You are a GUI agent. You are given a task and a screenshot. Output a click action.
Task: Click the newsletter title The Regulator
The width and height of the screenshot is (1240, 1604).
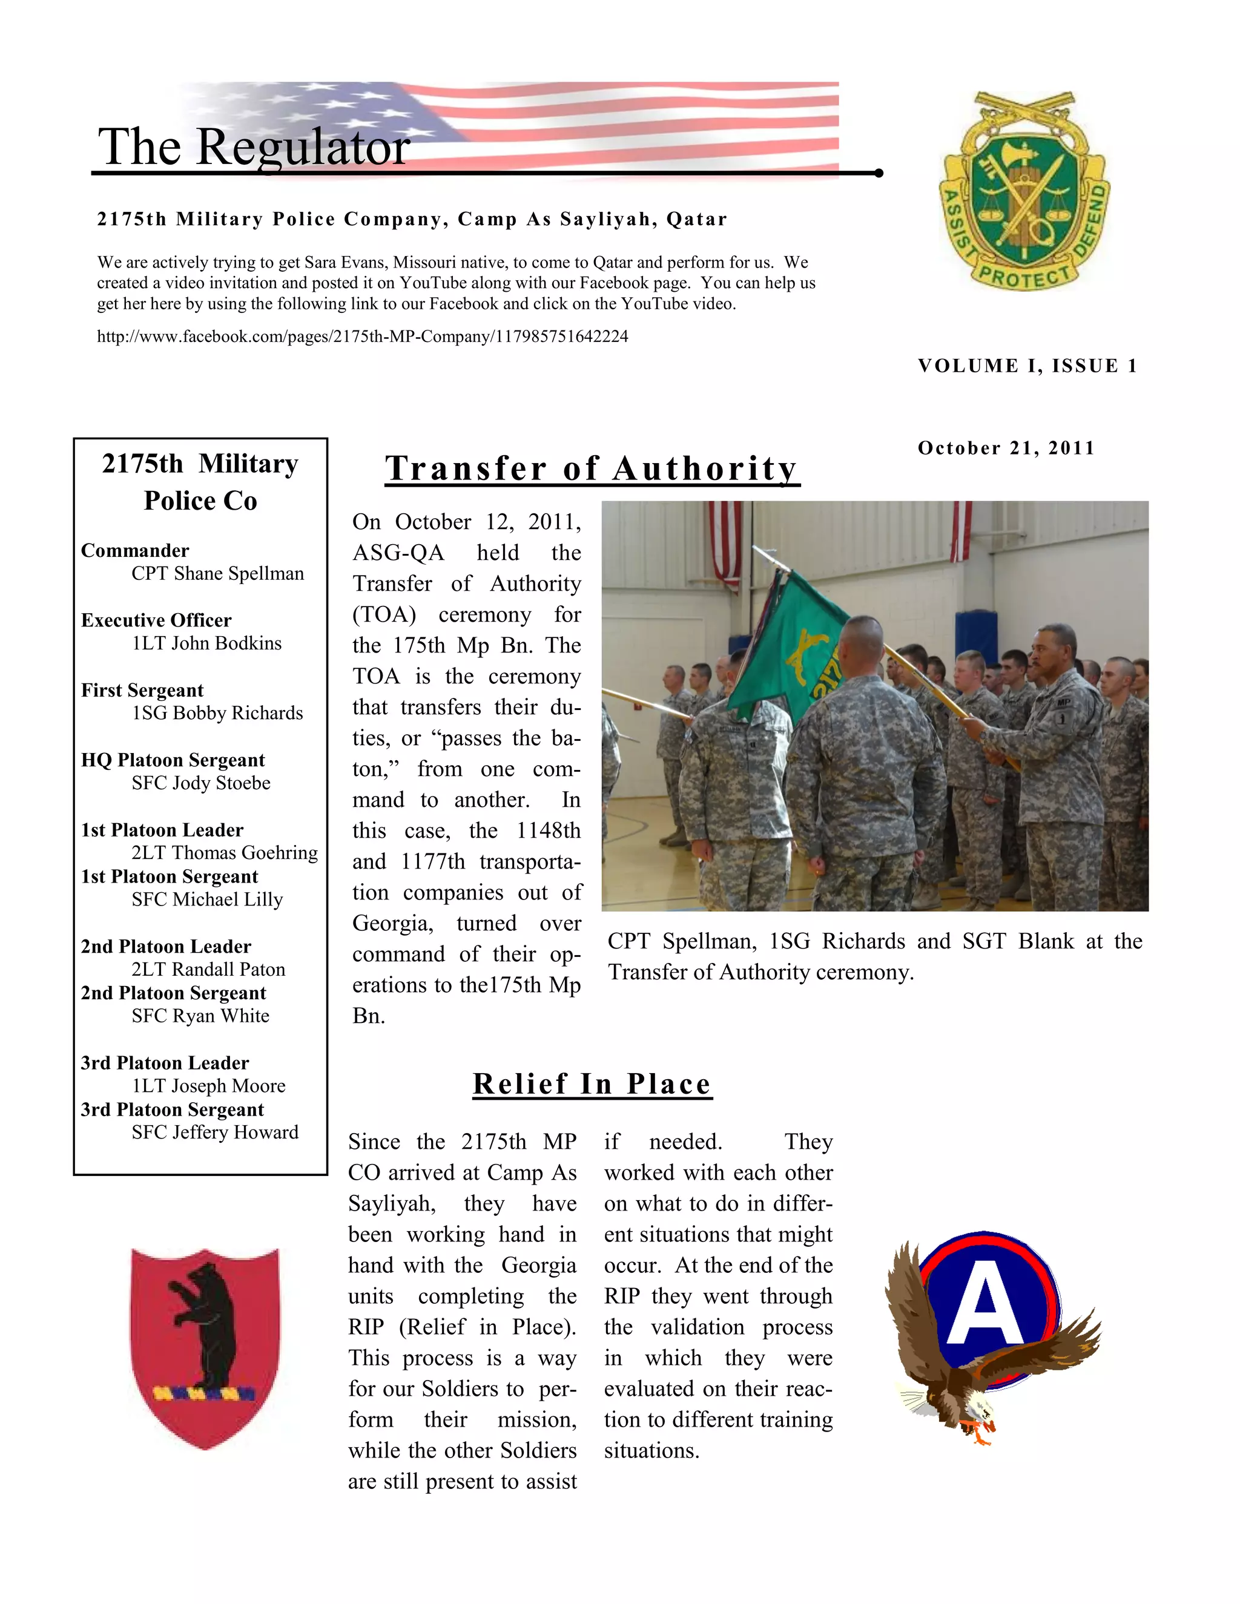tap(254, 147)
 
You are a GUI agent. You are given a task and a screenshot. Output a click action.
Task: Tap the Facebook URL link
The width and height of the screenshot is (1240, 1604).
tap(362, 337)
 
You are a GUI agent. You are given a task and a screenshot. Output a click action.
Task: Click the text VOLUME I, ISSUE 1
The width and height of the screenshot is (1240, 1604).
tap(1027, 366)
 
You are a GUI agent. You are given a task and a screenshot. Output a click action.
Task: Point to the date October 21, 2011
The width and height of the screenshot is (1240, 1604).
tap(1006, 448)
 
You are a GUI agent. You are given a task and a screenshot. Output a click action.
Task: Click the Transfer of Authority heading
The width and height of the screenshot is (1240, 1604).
tap(592, 468)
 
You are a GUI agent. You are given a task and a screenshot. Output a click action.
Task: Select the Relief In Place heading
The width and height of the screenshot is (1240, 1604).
tap(592, 1084)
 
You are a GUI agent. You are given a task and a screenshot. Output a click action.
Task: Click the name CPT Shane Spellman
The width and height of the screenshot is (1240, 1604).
tap(217, 574)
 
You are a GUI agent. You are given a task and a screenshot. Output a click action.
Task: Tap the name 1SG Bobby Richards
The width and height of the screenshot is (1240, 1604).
tap(217, 713)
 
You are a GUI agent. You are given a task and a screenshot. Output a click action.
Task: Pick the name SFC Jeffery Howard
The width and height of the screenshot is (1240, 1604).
tap(214, 1132)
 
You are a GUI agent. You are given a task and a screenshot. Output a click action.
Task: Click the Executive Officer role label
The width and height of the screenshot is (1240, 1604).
tap(156, 620)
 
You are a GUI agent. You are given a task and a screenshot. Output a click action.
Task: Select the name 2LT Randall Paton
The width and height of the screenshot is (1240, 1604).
tap(208, 970)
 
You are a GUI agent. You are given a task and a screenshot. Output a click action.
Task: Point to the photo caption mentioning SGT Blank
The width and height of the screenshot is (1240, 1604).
tap(874, 956)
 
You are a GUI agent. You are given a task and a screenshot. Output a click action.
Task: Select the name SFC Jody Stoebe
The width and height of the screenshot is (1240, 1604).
tap(200, 783)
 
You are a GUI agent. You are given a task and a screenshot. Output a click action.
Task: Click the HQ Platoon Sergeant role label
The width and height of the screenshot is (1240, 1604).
tap(173, 760)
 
